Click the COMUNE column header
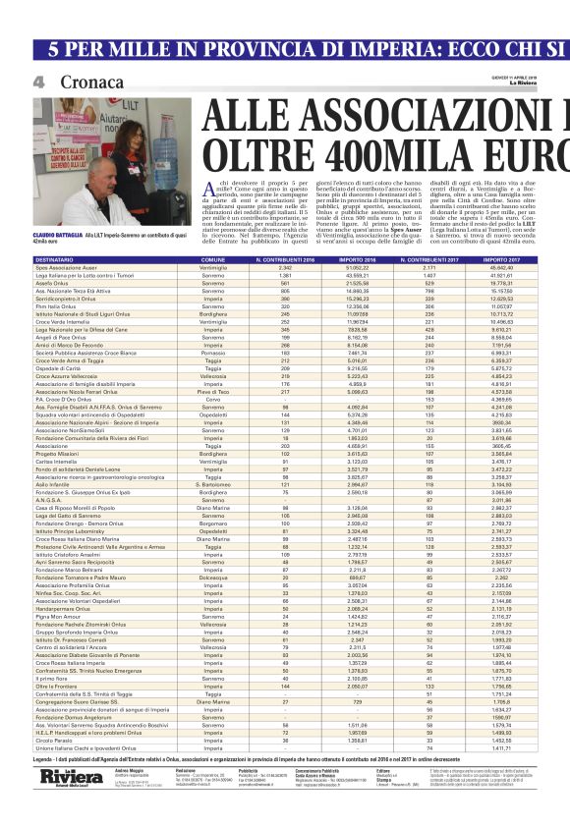213,259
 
